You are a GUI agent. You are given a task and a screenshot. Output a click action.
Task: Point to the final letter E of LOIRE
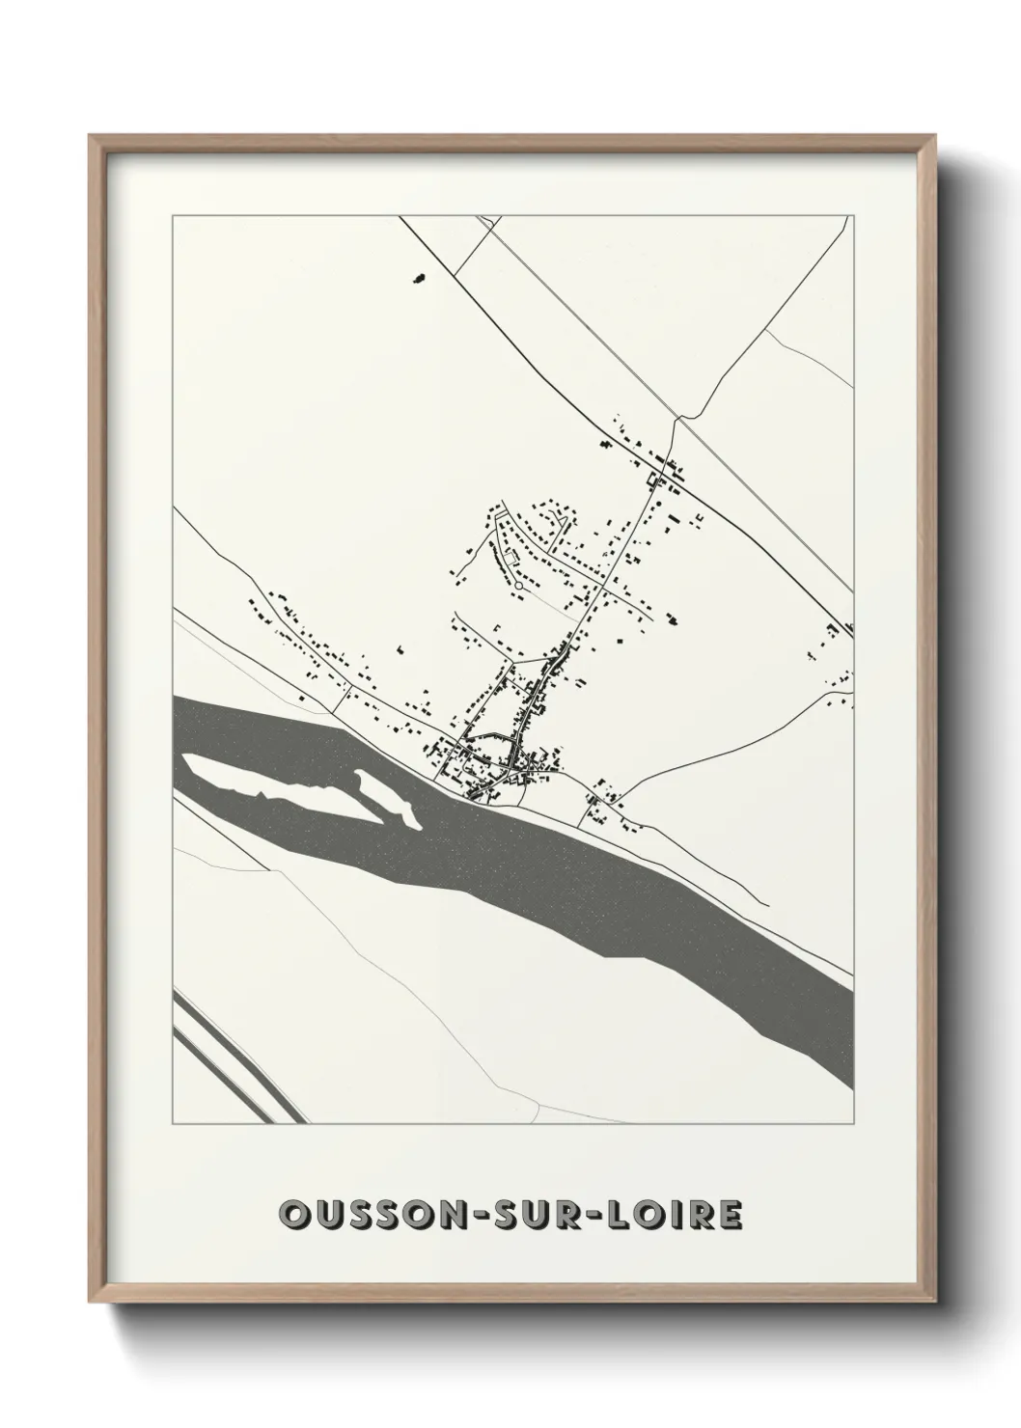point(731,1215)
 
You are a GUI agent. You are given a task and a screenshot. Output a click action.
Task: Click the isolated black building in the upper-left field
point(418,278)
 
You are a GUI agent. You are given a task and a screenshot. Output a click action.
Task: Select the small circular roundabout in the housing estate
point(519,585)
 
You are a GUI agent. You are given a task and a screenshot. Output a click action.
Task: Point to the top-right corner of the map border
point(855,216)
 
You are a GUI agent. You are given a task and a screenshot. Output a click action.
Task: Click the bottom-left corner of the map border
point(173,1123)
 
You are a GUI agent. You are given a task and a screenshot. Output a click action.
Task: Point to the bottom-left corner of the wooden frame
point(91,1301)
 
